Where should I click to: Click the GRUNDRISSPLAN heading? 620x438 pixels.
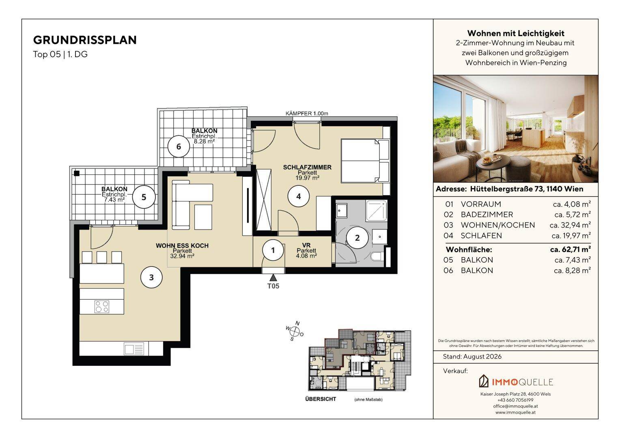click(85, 40)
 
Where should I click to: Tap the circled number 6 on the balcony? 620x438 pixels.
click(179, 147)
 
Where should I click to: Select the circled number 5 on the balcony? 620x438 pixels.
click(144, 197)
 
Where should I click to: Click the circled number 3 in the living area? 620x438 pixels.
click(151, 277)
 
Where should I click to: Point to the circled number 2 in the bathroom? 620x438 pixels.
click(357, 238)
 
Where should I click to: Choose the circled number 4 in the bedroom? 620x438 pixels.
click(298, 196)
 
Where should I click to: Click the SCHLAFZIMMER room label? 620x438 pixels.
click(307, 167)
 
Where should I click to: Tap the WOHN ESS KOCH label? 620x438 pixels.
click(182, 246)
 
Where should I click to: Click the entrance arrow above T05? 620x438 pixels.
click(273, 277)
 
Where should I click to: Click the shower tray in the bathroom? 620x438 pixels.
click(376, 211)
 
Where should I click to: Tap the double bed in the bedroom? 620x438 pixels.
click(365, 161)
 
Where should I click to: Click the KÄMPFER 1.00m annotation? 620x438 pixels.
click(307, 114)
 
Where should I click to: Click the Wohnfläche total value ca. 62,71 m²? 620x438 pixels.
click(570, 249)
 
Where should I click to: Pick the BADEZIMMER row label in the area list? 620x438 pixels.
click(487, 215)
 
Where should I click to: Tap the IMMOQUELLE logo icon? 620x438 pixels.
click(484, 381)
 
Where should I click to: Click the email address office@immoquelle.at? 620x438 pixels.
click(515, 406)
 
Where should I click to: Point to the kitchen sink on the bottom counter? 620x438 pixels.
click(134, 349)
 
